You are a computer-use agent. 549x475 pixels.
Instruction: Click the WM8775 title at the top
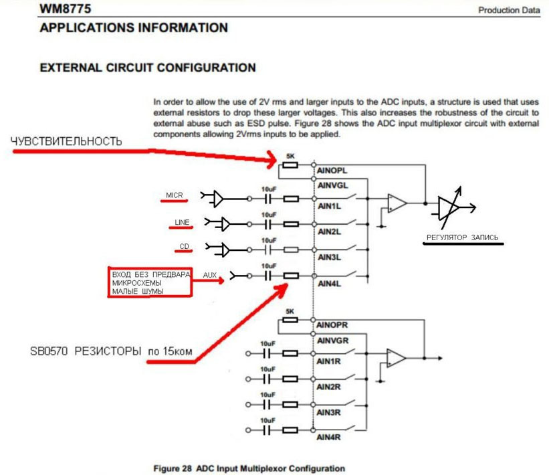(66, 9)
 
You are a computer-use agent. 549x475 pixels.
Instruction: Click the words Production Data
(509, 10)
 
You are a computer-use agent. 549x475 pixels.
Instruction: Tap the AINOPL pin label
(332, 171)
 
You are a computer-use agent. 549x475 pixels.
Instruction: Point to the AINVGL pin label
(332, 185)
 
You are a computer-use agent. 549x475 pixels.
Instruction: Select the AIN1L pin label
(329, 206)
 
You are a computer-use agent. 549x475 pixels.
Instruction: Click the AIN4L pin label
(329, 284)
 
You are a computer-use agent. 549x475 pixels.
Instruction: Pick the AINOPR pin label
(332, 325)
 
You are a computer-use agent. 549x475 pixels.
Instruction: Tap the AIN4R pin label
(328, 437)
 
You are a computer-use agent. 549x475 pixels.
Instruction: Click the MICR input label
(175, 195)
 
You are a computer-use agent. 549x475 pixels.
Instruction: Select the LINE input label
(182, 222)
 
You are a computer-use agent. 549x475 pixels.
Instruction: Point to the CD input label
(184, 246)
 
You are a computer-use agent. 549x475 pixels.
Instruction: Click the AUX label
(210, 275)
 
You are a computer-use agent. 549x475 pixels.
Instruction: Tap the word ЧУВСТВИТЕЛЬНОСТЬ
(66, 141)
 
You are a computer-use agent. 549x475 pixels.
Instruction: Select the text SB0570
(49, 351)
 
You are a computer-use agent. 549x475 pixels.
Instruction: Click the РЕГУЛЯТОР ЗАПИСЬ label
(462, 237)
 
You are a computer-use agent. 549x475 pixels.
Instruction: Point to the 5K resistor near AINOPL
(290, 165)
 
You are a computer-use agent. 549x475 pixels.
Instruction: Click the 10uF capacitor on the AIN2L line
(268, 224)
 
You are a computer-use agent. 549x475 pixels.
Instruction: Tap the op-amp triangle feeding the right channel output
(396, 358)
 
